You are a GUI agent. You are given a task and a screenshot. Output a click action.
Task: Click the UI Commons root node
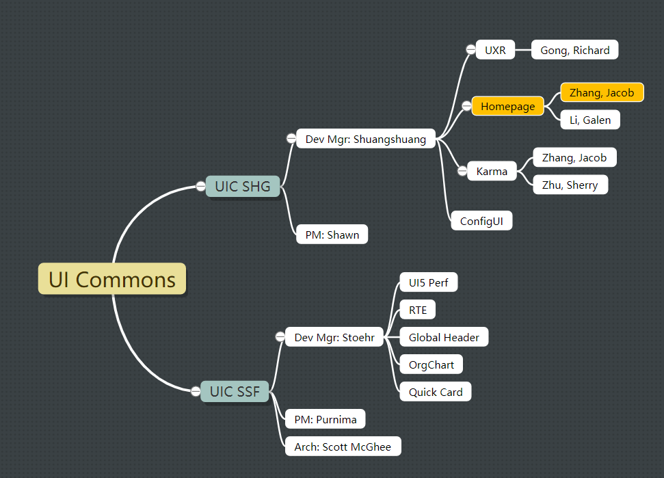pyautogui.click(x=111, y=279)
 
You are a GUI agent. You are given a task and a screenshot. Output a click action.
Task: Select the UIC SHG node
pyautogui.click(x=243, y=186)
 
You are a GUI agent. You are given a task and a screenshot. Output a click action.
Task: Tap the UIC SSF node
pyautogui.click(x=235, y=391)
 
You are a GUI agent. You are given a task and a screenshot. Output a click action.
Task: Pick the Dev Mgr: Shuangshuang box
pyautogui.click(x=366, y=139)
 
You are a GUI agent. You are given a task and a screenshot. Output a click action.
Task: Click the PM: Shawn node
pyautogui.click(x=332, y=235)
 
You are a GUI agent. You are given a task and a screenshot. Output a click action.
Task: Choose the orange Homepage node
pyautogui.click(x=507, y=106)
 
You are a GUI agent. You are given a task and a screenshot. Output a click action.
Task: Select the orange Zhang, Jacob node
pyautogui.click(x=602, y=92)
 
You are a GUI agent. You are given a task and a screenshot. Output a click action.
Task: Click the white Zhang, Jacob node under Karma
pyautogui.click(x=574, y=157)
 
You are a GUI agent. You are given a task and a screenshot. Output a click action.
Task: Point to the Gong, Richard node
pyautogui.click(x=575, y=50)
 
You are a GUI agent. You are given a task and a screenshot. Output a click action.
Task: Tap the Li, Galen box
pyautogui.click(x=590, y=120)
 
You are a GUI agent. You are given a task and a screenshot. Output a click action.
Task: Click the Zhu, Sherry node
pyautogui.click(x=570, y=185)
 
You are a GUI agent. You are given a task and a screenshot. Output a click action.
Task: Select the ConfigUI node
pyautogui.click(x=481, y=221)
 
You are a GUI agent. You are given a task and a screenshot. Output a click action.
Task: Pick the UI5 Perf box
pyautogui.click(x=428, y=282)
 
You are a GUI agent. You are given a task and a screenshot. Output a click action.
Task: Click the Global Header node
pyautogui.click(x=444, y=337)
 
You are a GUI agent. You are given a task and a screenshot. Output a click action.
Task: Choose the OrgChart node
pyautogui.click(x=431, y=364)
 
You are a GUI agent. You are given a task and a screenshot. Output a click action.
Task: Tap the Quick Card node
pyautogui.click(x=436, y=392)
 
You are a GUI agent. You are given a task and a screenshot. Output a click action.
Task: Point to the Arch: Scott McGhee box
pyautogui.click(x=343, y=447)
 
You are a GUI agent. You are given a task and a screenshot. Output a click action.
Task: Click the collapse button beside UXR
pyautogui.click(x=470, y=49)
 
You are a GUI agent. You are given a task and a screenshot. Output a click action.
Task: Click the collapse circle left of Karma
pyautogui.click(x=462, y=171)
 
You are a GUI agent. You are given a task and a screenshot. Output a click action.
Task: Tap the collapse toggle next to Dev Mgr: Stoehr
pyautogui.click(x=280, y=336)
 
